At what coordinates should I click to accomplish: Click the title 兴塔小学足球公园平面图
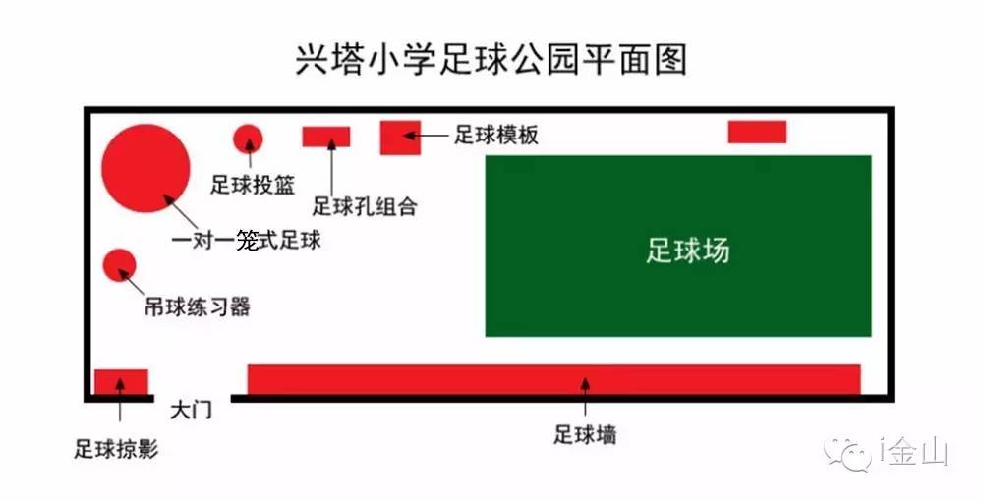[x=491, y=60]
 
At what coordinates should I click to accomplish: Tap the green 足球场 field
[x=678, y=246]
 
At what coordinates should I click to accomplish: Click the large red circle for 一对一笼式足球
[x=145, y=168]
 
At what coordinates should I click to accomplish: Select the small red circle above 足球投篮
[x=248, y=139]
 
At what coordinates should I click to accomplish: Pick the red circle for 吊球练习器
[x=119, y=264]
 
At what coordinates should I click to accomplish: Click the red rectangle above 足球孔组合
[x=326, y=137]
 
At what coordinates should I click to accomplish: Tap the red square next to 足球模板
[x=400, y=137]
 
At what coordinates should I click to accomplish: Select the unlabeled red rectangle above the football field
[x=757, y=132]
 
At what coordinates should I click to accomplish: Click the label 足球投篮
[x=253, y=185]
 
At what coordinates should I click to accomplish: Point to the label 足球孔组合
[x=365, y=206]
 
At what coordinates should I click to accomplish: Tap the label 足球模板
[x=496, y=136]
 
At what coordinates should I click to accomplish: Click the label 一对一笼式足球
[x=246, y=241]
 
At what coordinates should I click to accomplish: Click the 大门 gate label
[x=191, y=409]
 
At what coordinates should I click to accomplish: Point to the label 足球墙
[x=585, y=434]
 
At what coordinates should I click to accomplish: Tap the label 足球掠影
[x=116, y=450]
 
